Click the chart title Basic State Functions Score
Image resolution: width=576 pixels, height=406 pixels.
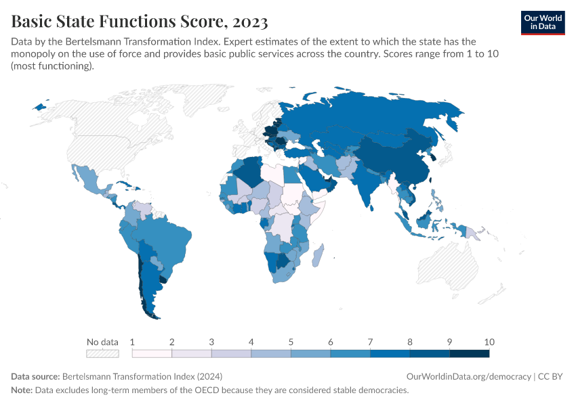tap(139, 22)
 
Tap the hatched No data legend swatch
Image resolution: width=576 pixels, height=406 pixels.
tap(102, 353)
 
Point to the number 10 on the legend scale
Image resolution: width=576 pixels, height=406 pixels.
tap(489, 342)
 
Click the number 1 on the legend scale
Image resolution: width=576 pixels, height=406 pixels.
tap(132, 342)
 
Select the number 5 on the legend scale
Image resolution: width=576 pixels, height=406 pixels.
tap(291, 342)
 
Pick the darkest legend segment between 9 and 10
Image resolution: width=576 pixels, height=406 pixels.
tap(470, 353)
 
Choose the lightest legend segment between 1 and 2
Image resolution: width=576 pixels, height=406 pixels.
tap(152, 353)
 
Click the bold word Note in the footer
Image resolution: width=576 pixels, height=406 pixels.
tap(21, 390)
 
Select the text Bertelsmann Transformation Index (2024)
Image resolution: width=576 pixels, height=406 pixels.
tap(142, 376)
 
